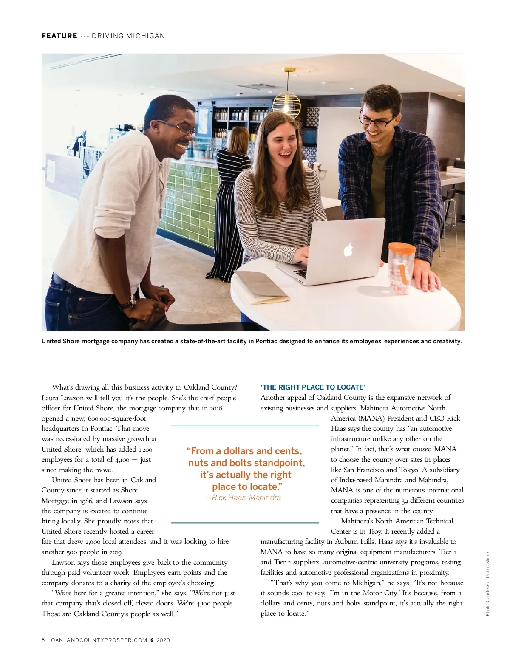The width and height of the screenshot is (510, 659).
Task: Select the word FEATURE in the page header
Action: pos(59,36)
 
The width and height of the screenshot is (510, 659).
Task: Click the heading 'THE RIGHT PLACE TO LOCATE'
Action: pos(313,387)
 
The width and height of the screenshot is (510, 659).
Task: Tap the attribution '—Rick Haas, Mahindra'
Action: pos(243,498)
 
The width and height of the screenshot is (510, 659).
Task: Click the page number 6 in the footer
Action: pos(43,640)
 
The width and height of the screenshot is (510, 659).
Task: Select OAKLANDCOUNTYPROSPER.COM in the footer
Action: pos(99,640)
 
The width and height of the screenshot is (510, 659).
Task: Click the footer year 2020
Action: pos(163,640)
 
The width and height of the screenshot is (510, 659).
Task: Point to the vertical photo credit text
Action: pos(487,584)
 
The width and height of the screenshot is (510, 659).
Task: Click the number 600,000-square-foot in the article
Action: pos(117,419)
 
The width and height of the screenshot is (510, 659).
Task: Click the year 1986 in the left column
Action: pos(87,501)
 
